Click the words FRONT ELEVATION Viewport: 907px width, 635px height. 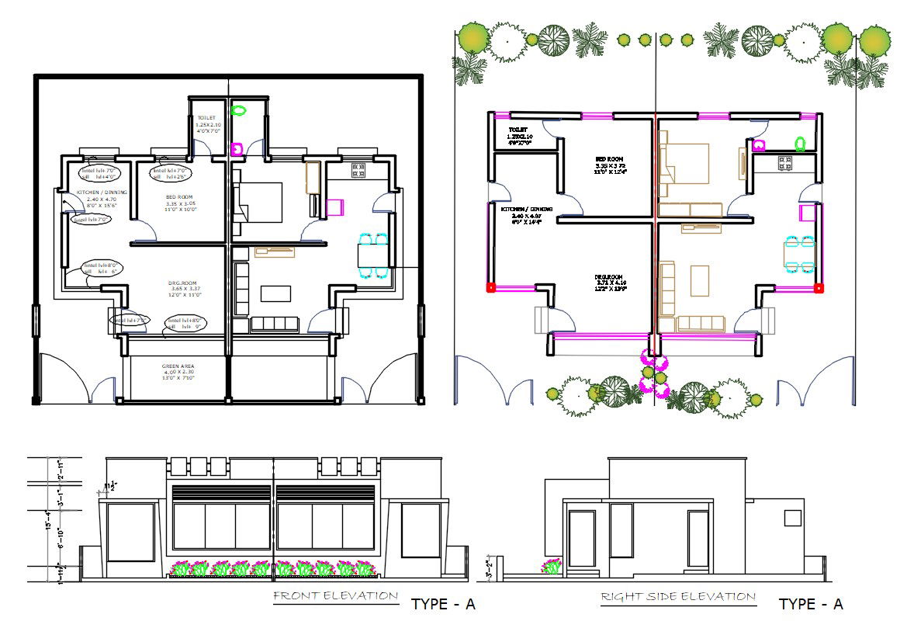point(335,596)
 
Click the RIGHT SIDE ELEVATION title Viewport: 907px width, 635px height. point(678,596)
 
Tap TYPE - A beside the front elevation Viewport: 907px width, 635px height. point(442,605)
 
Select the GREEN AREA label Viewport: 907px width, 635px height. point(178,366)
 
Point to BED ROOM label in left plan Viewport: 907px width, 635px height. point(178,197)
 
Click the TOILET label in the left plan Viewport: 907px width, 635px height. point(207,119)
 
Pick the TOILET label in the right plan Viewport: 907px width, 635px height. point(518,130)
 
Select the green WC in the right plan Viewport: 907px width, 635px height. point(799,142)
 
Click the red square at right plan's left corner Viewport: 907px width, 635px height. point(490,288)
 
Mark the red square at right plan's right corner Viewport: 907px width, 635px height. point(819,288)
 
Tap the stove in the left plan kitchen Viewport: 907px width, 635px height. point(358,170)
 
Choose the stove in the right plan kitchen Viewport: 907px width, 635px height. point(784,164)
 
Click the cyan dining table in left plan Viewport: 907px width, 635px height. point(373,255)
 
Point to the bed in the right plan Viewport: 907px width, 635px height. point(687,164)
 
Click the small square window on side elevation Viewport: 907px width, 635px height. point(791,518)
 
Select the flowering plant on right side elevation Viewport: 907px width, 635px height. point(553,567)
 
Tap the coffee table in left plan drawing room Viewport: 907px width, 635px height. point(275,293)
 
